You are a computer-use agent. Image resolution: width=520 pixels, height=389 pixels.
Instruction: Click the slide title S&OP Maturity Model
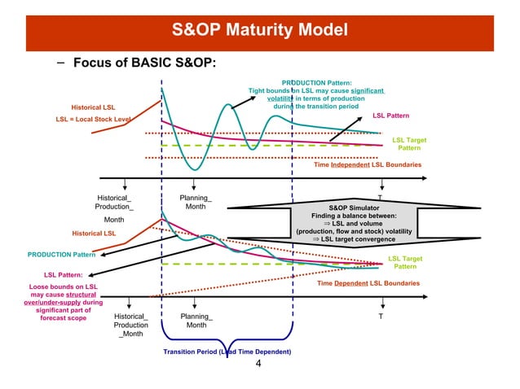260,31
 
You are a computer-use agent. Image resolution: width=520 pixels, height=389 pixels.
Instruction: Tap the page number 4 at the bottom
258,364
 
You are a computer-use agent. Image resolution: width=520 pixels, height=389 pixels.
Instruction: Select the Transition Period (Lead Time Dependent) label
227,352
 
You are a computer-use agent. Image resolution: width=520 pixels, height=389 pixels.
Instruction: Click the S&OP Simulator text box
354,223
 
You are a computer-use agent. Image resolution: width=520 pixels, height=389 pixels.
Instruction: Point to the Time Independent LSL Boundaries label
368,165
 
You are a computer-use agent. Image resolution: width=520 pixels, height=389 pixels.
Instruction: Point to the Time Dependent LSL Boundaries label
368,283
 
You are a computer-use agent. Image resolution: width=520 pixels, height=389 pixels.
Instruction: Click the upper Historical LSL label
93,107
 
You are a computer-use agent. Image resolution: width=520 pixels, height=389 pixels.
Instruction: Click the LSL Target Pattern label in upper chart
408,145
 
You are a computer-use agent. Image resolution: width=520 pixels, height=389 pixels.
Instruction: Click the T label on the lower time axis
380,317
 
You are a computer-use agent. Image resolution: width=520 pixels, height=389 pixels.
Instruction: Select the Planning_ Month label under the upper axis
196,203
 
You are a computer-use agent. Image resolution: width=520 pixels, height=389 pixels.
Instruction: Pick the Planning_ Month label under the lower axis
196,321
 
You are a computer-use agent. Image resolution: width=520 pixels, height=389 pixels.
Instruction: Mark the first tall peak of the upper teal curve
225,103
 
